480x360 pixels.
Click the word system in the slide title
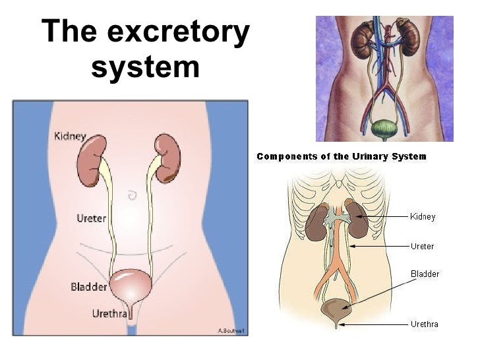(x=145, y=67)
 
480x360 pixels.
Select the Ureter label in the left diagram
(x=91, y=218)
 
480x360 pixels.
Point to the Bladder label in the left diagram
(x=88, y=287)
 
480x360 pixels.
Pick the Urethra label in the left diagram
(x=109, y=314)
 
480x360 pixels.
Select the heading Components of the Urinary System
(x=341, y=157)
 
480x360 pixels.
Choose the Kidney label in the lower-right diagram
(x=423, y=217)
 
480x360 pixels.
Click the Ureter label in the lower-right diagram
(x=422, y=247)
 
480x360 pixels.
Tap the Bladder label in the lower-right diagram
(x=425, y=274)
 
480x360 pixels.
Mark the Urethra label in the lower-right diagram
(x=424, y=324)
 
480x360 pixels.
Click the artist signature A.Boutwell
(x=232, y=330)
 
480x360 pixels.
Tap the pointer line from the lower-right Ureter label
(x=379, y=247)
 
